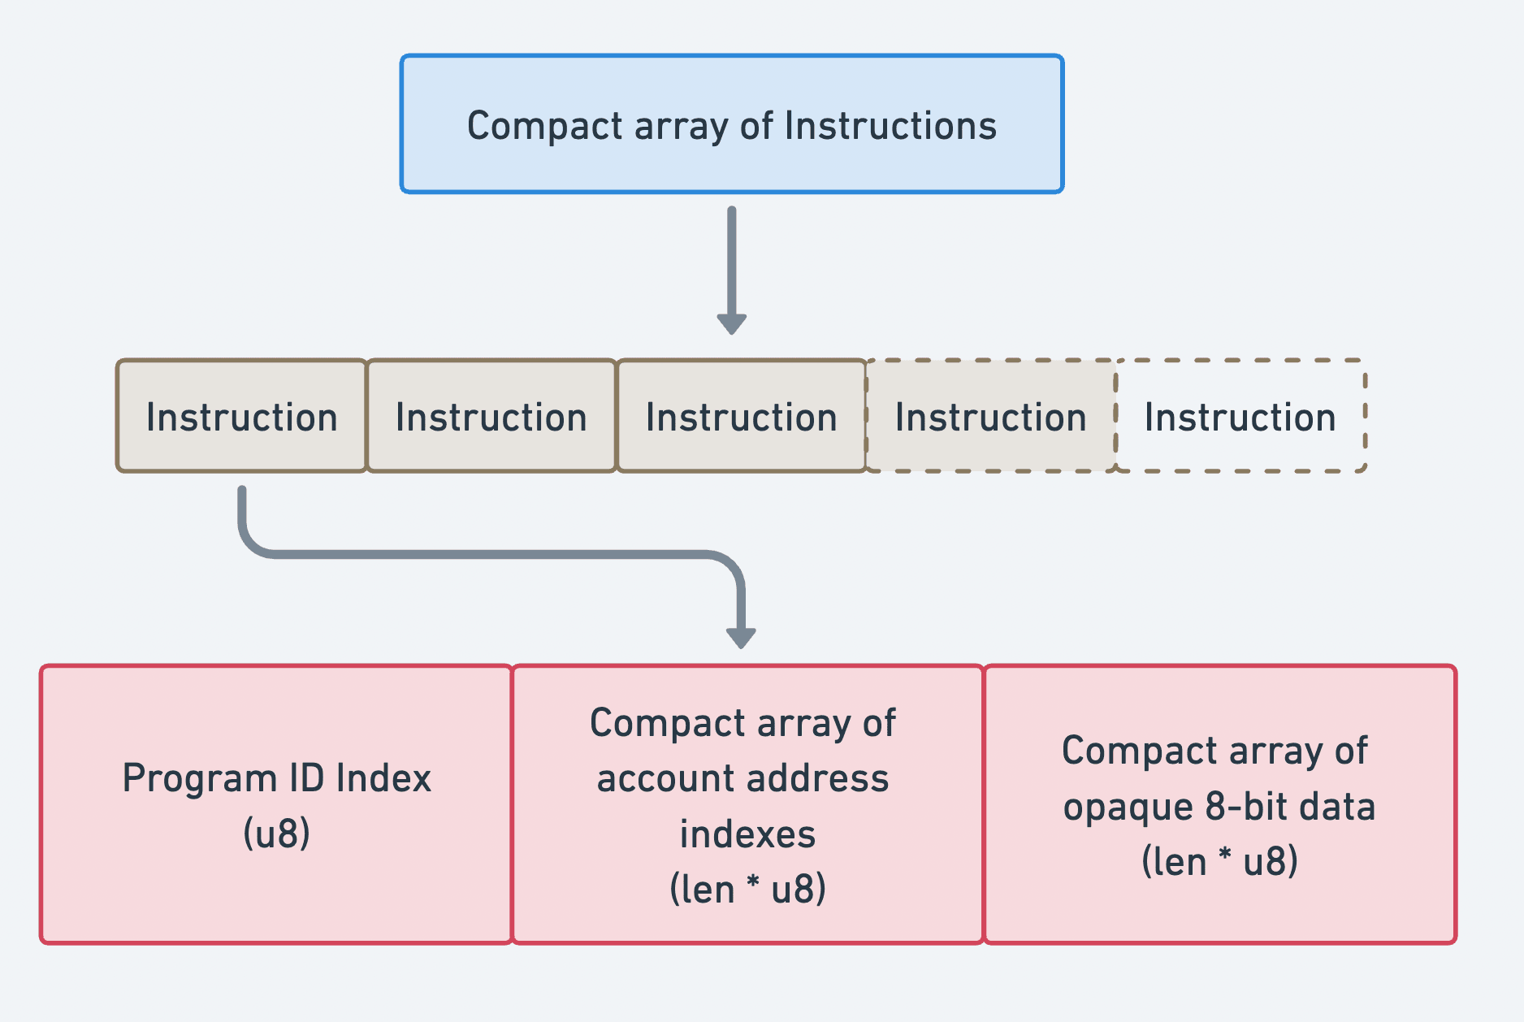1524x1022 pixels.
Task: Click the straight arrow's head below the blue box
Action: click(x=731, y=323)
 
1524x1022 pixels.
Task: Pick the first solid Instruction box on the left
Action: click(x=241, y=417)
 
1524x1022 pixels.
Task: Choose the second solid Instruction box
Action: click(x=491, y=417)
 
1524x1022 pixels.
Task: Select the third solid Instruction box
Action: click(x=741, y=417)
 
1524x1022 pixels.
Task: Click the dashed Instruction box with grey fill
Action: click(x=990, y=417)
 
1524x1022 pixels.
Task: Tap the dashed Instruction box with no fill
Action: click(x=1240, y=417)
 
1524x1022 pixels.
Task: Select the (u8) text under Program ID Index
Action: click(x=276, y=834)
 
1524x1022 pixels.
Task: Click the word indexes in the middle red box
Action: click(x=747, y=834)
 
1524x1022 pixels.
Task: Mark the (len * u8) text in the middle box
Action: click(x=747, y=889)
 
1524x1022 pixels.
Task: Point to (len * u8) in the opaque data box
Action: click(x=1219, y=862)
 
